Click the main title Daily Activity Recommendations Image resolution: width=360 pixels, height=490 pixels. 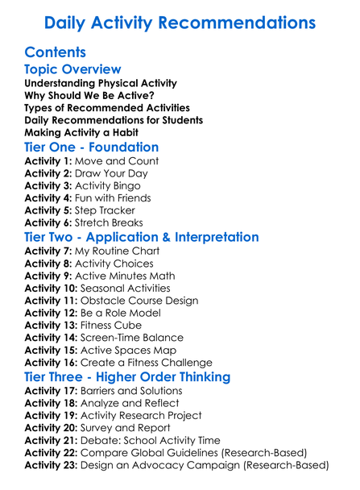(180, 23)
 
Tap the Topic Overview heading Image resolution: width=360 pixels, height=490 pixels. (73, 70)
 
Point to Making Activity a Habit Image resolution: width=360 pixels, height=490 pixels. (81, 131)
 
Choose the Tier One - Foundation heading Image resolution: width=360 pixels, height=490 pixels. (92, 147)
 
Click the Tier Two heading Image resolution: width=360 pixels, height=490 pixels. (142, 238)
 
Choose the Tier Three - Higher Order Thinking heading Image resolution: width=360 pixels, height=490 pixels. (139, 377)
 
